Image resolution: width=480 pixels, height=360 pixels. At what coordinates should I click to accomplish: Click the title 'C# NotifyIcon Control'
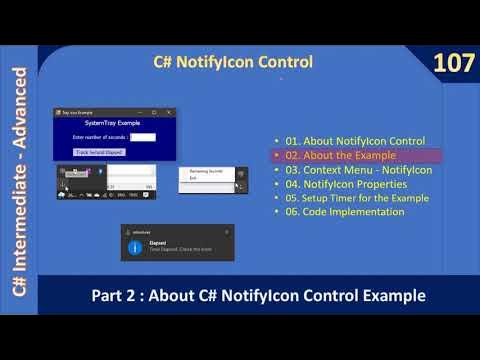[x=232, y=62]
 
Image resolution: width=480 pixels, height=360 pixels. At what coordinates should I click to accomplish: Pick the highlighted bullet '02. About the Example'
[x=339, y=155]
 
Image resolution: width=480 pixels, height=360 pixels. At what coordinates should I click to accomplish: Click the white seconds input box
[x=143, y=137]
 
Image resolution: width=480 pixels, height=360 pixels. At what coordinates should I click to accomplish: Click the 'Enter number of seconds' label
[x=101, y=137]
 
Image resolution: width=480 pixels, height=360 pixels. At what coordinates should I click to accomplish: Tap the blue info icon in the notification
[x=134, y=247]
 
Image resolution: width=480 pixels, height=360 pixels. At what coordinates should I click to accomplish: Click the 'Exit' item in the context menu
[x=194, y=178]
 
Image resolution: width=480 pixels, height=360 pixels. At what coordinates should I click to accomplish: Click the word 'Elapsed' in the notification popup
[x=157, y=241]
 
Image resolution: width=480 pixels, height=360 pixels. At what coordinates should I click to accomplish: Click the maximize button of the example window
[x=155, y=112]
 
